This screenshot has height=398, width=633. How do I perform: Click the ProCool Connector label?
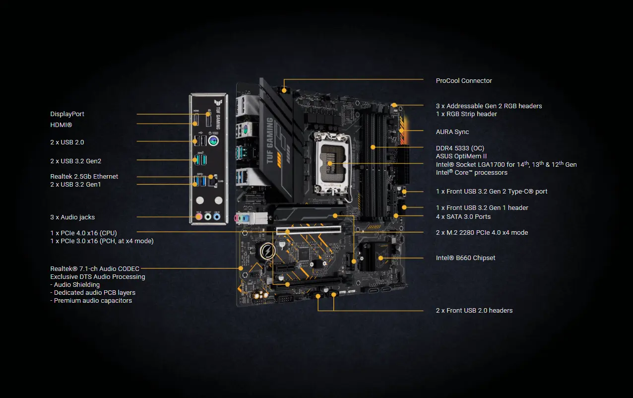click(x=464, y=80)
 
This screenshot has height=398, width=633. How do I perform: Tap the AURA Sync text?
click(x=452, y=132)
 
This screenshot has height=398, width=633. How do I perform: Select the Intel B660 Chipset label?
click(x=465, y=258)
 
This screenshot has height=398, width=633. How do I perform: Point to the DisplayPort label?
click(x=67, y=114)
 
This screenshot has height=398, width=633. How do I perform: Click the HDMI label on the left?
click(x=61, y=126)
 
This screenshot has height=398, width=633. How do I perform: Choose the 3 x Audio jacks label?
click(x=72, y=217)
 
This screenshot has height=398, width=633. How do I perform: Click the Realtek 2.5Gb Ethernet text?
click(x=84, y=177)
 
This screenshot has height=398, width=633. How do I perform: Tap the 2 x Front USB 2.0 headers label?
click(x=474, y=311)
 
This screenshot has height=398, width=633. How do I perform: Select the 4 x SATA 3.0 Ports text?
click(x=463, y=217)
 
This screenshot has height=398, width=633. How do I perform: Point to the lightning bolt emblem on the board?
click(x=268, y=252)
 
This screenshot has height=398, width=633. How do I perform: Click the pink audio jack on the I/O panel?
click(x=199, y=217)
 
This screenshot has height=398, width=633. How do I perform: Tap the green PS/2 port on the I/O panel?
click(x=214, y=141)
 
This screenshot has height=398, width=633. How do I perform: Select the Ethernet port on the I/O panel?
click(x=213, y=182)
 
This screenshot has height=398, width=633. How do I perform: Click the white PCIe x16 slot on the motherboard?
click(x=308, y=231)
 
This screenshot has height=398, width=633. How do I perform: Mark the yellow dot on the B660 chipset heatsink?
click(x=380, y=258)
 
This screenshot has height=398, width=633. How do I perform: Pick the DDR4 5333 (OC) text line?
click(x=460, y=148)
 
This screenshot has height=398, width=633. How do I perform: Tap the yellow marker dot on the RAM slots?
click(x=373, y=147)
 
